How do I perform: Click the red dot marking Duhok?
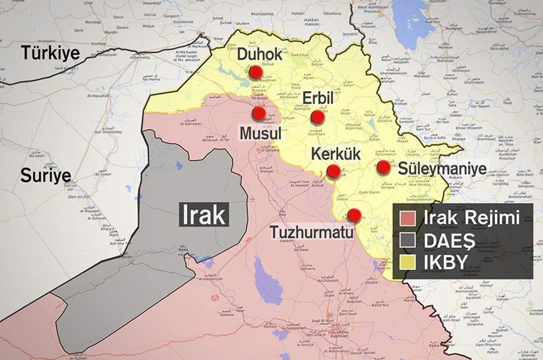(256, 72)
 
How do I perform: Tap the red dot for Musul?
(259, 113)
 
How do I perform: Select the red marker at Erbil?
(317, 117)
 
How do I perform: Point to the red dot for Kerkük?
(334, 171)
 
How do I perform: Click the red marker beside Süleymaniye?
(383, 167)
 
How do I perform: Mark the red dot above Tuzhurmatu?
(354, 215)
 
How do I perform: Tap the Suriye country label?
(45, 175)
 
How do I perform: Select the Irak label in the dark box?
(204, 215)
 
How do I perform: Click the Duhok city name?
(259, 55)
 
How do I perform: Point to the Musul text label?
(261, 134)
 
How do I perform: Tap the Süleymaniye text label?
(442, 169)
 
